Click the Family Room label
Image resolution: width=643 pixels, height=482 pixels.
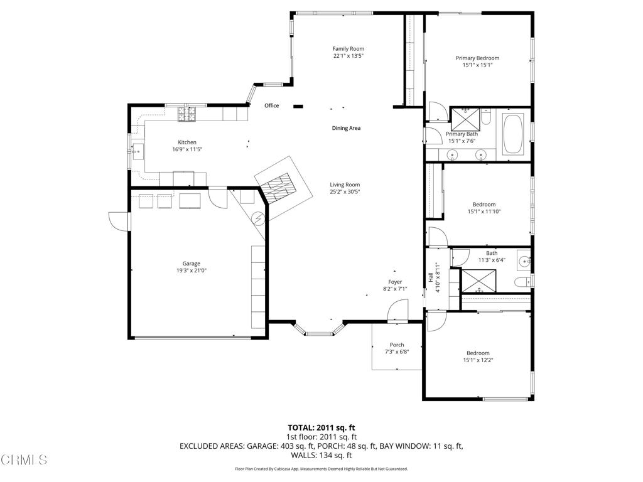pos(348,49)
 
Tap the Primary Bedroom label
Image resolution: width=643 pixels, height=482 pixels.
pos(477,58)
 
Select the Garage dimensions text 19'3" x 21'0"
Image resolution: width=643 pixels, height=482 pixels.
pos(191,270)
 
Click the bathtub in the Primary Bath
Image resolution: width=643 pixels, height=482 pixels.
pos(513,134)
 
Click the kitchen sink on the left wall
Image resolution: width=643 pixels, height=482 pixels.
pos(138,151)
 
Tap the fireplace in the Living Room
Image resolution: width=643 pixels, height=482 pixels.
pos(279,188)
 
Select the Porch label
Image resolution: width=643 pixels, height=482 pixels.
pos(397,345)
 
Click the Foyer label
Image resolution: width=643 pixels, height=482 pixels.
pos(395,282)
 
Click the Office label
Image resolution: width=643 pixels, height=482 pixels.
pos(271,105)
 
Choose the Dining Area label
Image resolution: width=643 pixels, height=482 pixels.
pos(346,128)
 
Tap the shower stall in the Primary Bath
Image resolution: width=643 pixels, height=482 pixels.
pos(465,119)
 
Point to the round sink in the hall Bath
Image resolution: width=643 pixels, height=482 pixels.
pos(524,260)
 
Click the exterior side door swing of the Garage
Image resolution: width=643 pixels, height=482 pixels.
pos(118,222)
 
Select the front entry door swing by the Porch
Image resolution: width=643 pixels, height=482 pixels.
pos(397,309)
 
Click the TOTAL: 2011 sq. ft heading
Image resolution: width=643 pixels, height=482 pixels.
pos(321,428)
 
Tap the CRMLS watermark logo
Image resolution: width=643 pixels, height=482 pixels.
pos(24,460)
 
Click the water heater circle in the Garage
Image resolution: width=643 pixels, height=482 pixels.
pos(258,218)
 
